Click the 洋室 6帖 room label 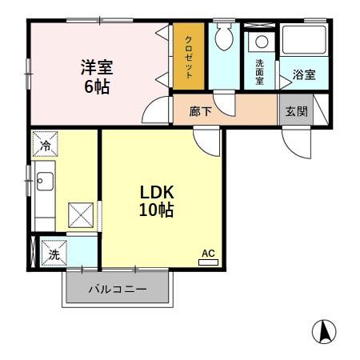click(94, 77)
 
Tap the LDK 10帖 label click(157, 202)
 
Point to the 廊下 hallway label click(201, 111)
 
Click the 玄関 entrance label click(296, 111)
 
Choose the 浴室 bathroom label click(303, 75)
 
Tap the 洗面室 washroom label click(260, 72)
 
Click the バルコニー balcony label click(117, 290)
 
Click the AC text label click(208, 254)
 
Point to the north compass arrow click(324, 330)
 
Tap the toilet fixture click(223, 37)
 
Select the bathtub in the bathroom click(305, 40)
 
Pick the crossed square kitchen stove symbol click(81, 214)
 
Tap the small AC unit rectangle click(208, 262)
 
